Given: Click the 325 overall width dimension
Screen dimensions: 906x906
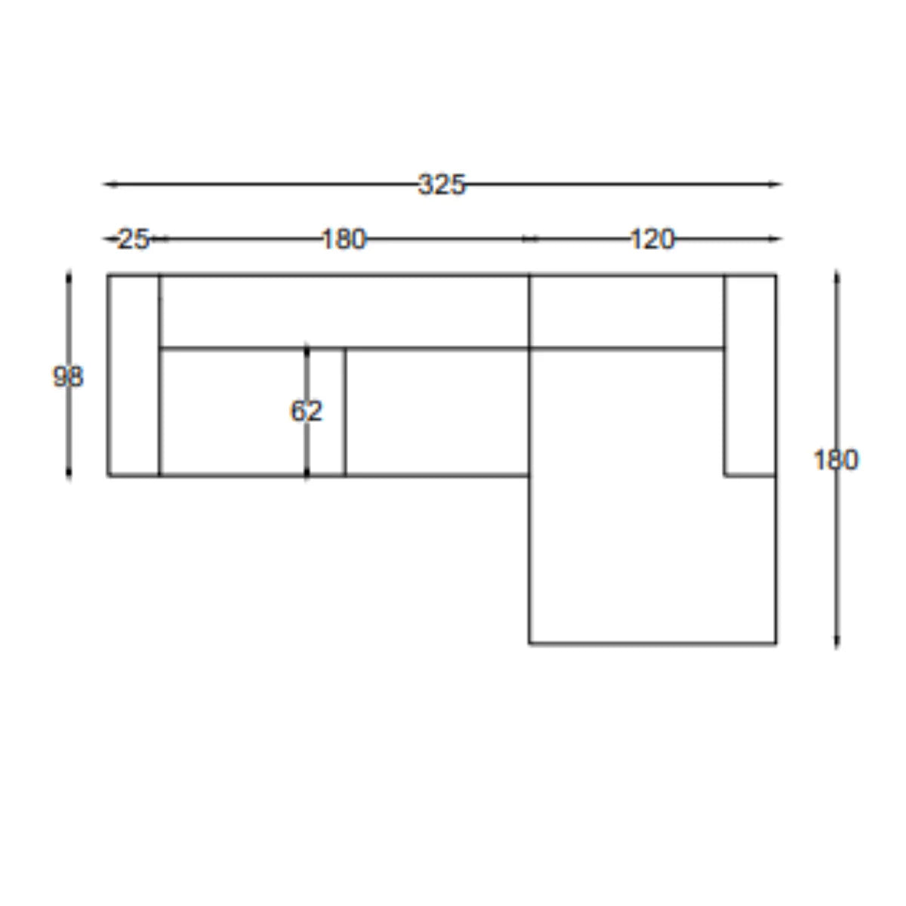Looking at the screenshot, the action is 441,184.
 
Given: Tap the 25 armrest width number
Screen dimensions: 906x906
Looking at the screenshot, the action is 133,239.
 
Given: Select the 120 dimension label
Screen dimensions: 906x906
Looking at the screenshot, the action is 652,239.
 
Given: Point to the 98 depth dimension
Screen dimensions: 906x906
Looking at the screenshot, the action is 68,377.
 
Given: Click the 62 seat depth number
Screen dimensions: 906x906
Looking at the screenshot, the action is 307,411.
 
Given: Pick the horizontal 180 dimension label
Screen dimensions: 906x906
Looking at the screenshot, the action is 344,239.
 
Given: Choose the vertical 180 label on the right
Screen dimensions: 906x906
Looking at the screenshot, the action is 836,460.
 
